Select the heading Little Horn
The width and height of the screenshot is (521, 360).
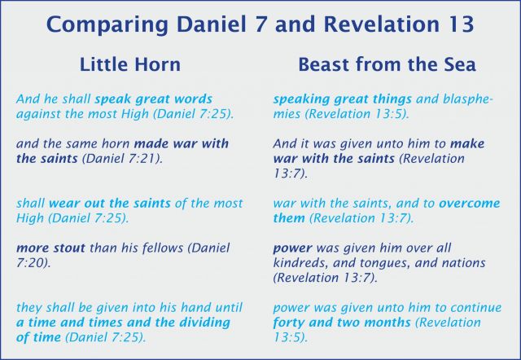130,64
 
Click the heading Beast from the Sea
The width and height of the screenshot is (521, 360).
387,64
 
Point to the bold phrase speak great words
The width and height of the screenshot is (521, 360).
154,99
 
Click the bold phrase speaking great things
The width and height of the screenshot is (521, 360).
342,99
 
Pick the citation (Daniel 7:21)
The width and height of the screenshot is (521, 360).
122,158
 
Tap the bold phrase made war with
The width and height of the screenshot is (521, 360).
182,143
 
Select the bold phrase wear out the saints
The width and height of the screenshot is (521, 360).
110,203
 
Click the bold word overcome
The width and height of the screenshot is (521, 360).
469,203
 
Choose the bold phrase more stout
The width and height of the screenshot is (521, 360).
50,248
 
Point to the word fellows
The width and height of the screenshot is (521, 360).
163,248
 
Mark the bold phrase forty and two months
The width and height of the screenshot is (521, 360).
342,323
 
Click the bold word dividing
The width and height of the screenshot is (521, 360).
204,323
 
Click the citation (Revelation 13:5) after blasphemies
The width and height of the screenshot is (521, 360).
357,114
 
